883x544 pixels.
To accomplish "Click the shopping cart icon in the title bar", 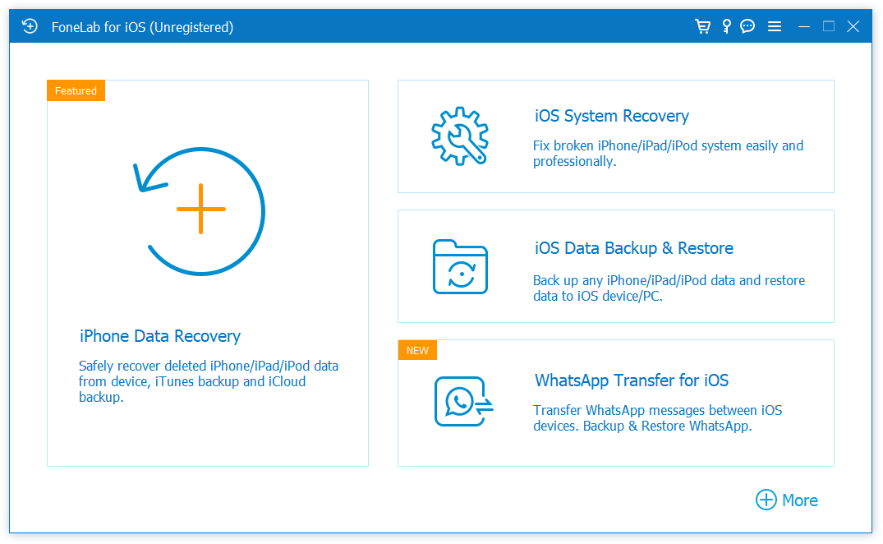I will tap(702, 26).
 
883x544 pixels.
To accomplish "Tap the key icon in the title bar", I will tap(726, 26).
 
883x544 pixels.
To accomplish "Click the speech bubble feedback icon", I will tap(747, 26).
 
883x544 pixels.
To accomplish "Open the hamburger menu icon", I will tap(774, 26).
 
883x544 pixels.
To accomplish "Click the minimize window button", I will tap(803, 26).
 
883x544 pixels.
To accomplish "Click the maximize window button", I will tap(829, 26).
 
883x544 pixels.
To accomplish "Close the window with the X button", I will tap(853, 26).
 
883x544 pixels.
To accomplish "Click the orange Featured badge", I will tap(76, 90).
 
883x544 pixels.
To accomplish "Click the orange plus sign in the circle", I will tap(200, 209).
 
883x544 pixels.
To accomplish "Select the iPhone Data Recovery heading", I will tap(160, 336).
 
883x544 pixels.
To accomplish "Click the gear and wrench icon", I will tap(460, 136).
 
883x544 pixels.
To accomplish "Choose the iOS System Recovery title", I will tap(612, 116).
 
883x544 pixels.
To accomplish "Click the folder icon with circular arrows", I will tap(460, 267).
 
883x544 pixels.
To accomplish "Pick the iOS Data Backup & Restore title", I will tap(634, 248).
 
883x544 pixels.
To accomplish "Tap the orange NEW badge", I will tap(418, 350).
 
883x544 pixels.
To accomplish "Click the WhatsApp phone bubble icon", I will tap(460, 401).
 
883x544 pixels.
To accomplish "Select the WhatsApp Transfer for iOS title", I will tap(632, 380).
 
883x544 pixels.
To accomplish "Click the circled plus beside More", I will tap(766, 500).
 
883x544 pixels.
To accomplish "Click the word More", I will tap(800, 500).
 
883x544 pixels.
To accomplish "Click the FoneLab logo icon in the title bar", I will tap(30, 26).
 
